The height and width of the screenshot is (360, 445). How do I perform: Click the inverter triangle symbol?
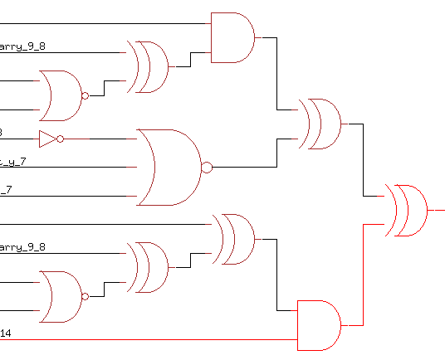48,137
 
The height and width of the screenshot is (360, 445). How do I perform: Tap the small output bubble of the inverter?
61,138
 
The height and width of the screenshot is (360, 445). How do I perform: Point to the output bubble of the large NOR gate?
207,168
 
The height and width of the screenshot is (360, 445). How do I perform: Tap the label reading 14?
6,333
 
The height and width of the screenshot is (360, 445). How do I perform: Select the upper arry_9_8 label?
22,46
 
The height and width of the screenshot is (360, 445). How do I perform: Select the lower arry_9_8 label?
22,247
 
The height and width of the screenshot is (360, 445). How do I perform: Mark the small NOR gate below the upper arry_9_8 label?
61,95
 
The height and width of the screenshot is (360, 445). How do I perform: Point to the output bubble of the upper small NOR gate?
85,96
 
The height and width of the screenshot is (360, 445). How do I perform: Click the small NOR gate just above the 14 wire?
61,296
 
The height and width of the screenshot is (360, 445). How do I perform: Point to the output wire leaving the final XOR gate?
437,210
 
